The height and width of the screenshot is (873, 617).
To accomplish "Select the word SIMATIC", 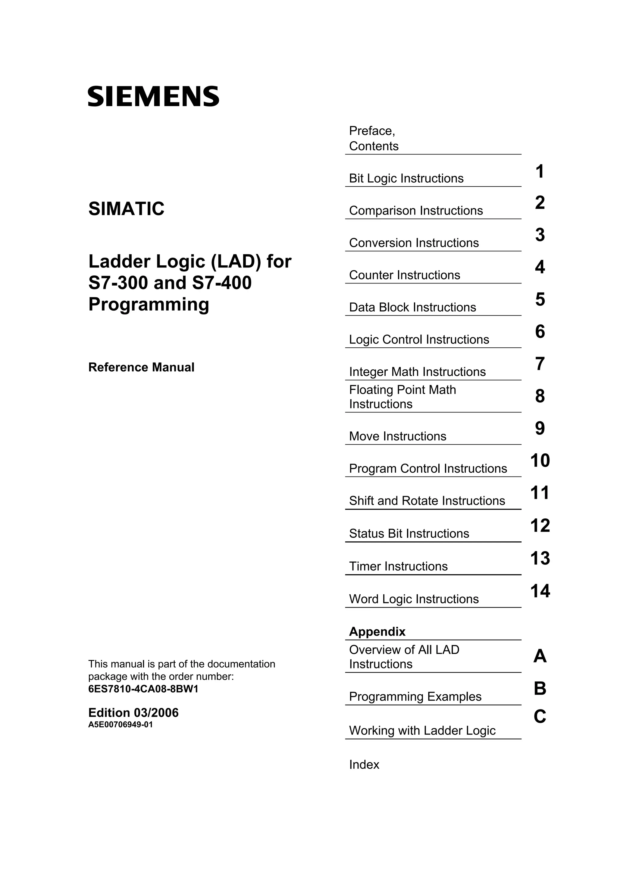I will pos(126,209).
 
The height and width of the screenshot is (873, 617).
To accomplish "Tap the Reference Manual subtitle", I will pos(141,367).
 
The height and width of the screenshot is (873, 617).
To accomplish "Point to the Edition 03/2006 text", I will pos(133,712).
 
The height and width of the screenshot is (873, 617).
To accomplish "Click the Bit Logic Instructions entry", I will pos(406,178).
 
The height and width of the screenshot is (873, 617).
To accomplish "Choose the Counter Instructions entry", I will pos(405,275).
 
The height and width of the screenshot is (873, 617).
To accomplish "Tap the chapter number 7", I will pos(540,364).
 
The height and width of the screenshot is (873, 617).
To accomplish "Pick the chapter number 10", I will pos(540,461).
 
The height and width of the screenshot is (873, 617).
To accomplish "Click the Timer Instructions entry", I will pos(398,566).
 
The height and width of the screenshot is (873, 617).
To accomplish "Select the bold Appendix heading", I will pos(377,632).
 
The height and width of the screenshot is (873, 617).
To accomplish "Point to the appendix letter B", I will pos(540,688).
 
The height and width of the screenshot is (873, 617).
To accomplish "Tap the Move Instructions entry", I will pos(398,436).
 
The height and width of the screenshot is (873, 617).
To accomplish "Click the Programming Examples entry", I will pos(415,696).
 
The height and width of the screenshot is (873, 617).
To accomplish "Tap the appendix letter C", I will pos(540,717).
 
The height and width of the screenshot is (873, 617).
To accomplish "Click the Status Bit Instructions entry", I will pos(409,533).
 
